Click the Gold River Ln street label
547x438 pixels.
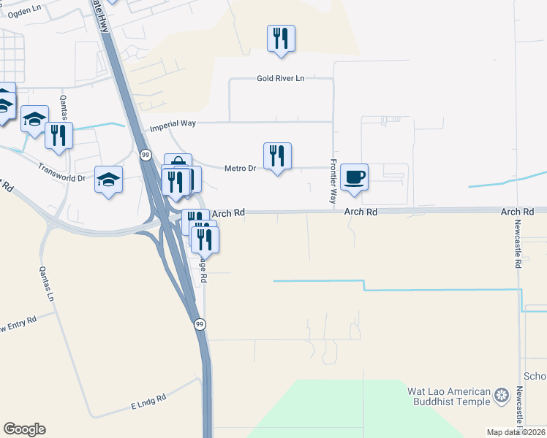(280, 79)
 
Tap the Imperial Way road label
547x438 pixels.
(173, 125)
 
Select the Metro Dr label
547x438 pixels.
(240, 169)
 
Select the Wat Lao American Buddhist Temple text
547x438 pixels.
(448, 396)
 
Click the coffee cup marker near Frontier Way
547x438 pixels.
(354, 177)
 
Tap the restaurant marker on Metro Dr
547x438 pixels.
(277, 156)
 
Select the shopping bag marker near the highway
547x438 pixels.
(178, 163)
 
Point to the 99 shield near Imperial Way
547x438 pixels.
(146, 155)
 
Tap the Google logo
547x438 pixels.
(24, 429)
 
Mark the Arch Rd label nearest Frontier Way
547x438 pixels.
(361, 212)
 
